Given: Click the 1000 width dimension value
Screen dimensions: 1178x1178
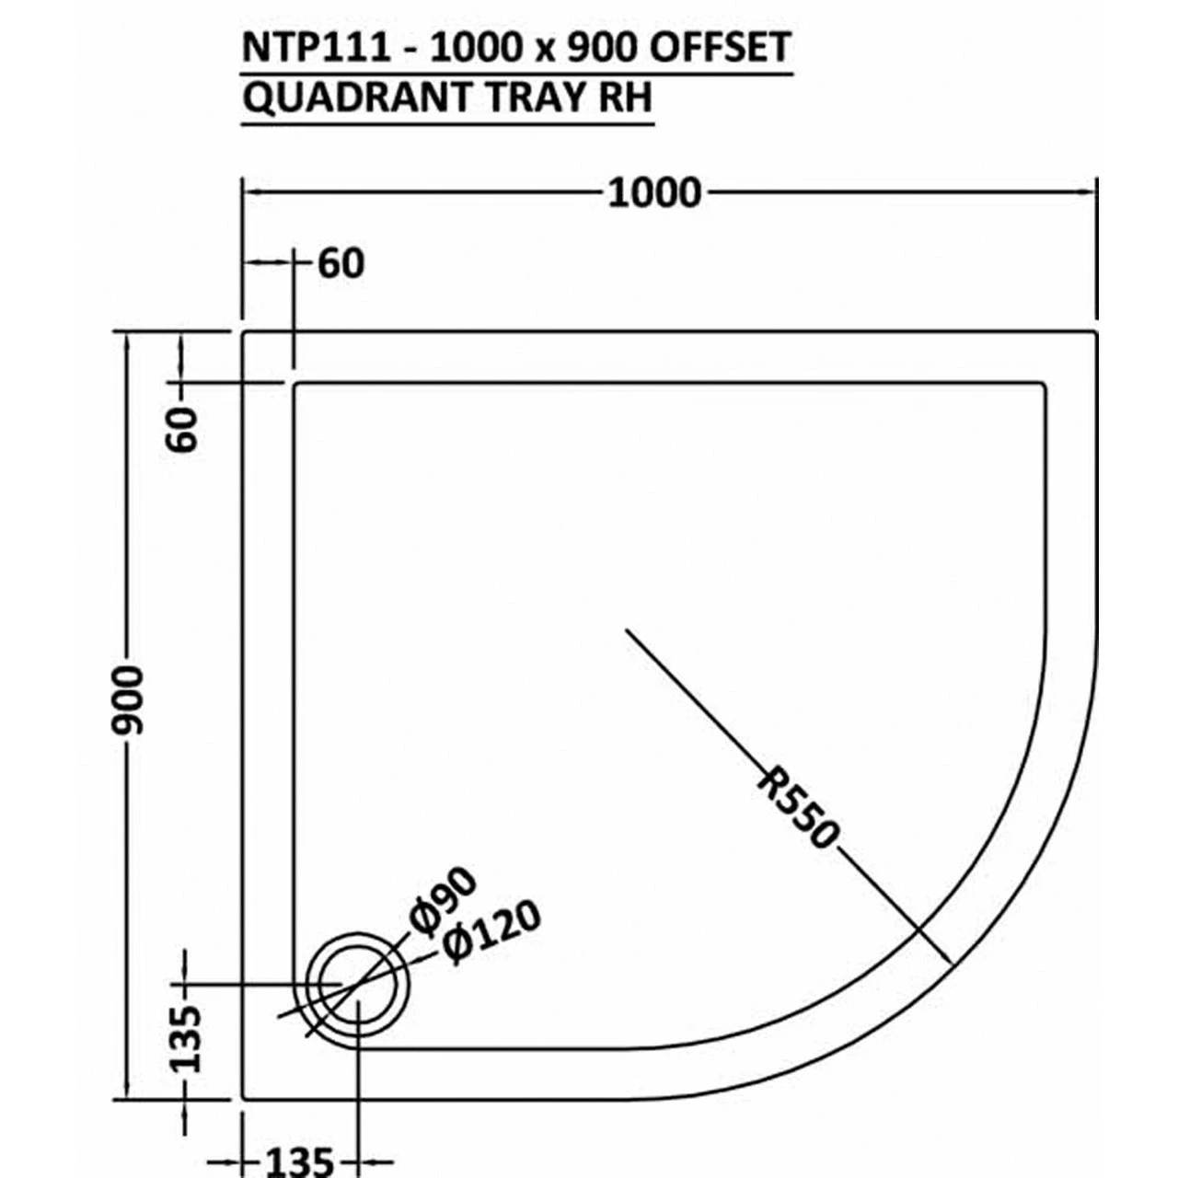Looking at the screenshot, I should click(x=654, y=193).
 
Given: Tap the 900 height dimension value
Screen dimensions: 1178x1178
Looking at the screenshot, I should click(x=129, y=699).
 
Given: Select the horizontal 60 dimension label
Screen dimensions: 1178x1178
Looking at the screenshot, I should click(x=341, y=263).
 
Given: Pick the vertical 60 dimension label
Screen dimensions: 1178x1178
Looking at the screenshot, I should click(x=183, y=429).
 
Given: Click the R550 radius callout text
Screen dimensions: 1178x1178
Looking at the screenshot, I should click(x=797, y=808).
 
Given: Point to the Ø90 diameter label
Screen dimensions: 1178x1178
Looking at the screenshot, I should click(x=445, y=900).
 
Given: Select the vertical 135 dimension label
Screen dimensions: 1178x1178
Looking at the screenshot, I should click(x=185, y=1038).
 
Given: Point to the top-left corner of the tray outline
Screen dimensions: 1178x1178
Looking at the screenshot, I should click(x=243, y=332).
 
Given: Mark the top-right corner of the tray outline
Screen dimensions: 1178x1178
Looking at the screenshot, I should click(x=1096, y=332).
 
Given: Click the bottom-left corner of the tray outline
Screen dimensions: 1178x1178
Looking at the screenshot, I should click(x=243, y=1097).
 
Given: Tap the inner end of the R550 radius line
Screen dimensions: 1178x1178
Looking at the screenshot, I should click(x=627, y=630).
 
